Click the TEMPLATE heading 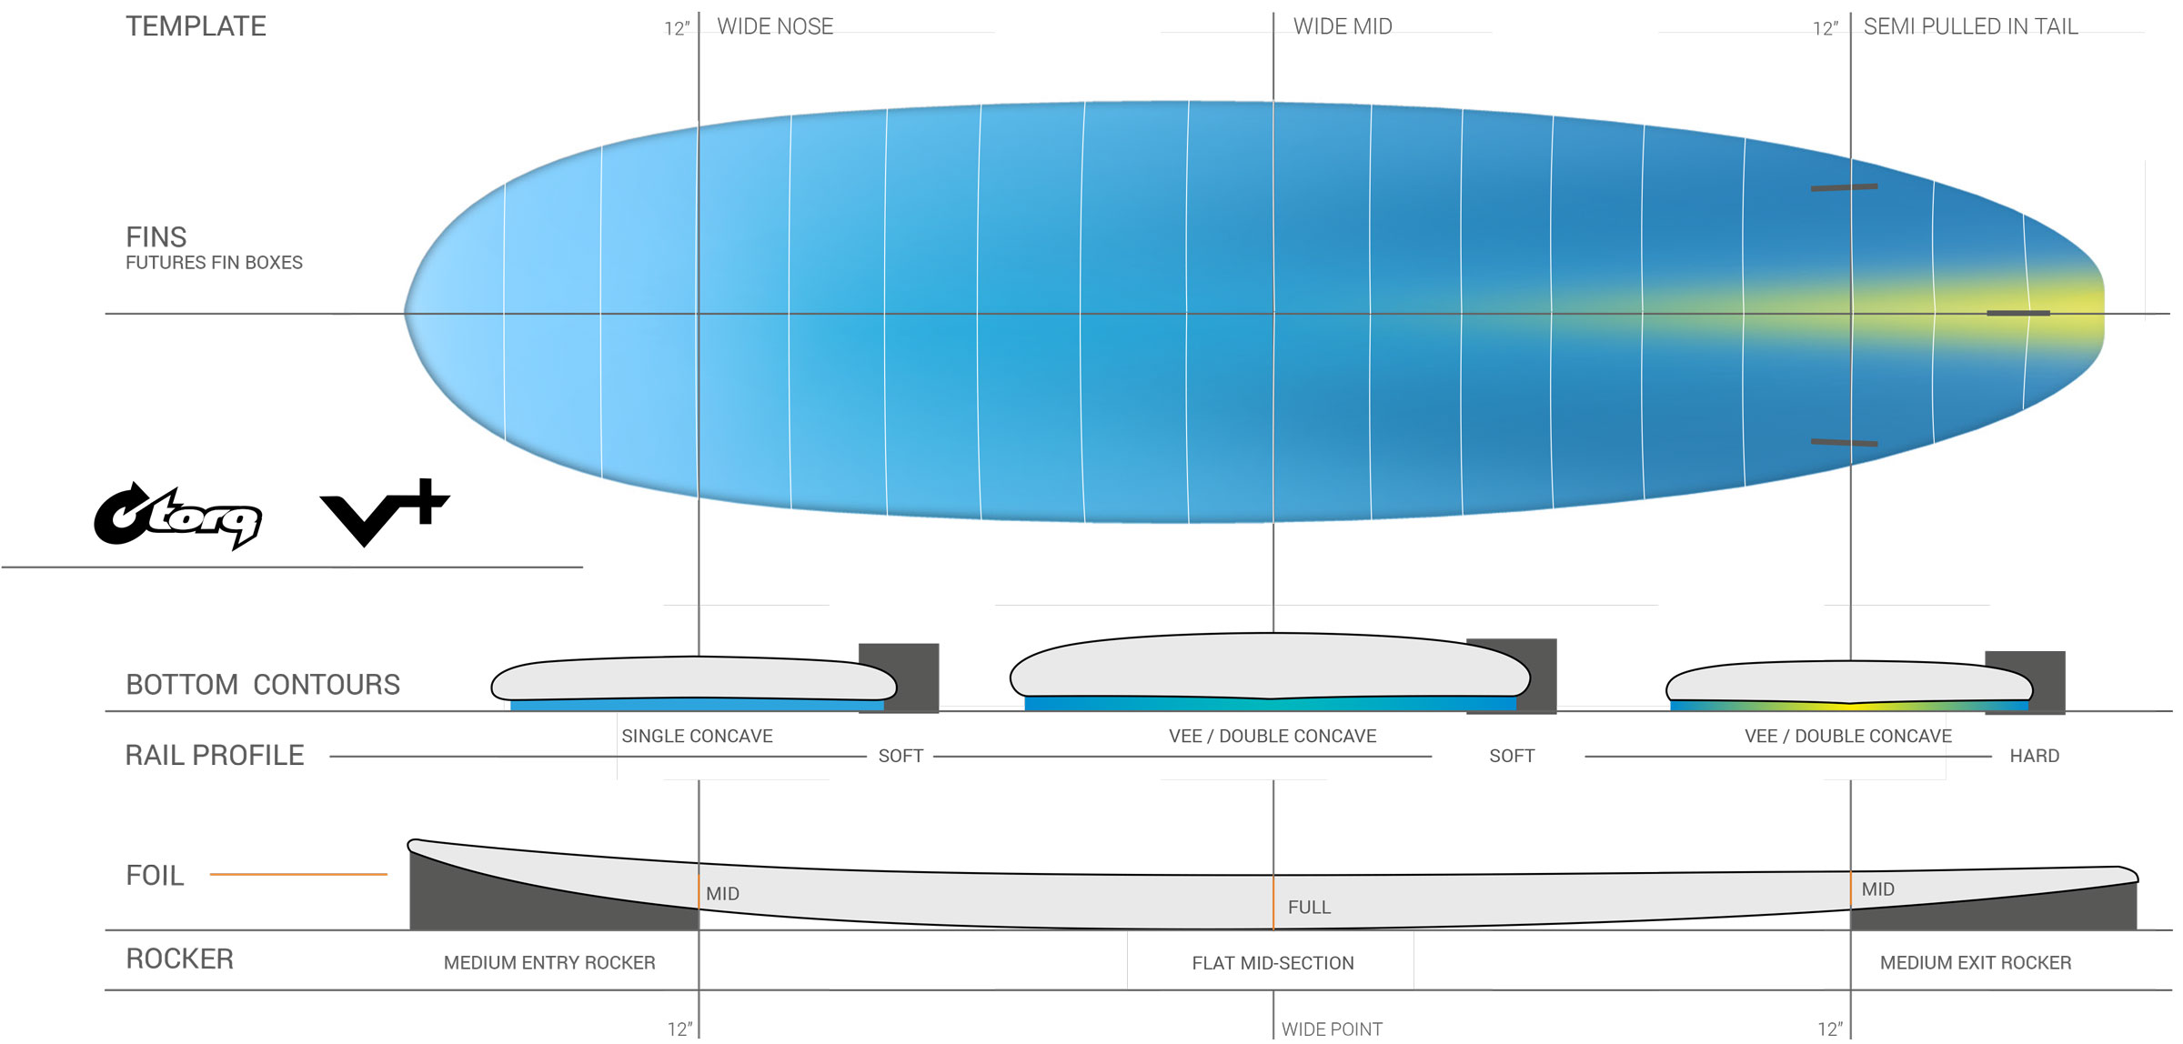pos(196,26)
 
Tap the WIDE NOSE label pos(775,26)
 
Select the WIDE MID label pos(1343,26)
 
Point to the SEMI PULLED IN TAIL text pos(1970,26)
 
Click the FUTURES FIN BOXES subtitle pos(214,263)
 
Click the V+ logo pos(385,512)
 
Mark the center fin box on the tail pos(2017,313)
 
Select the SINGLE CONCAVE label pos(697,736)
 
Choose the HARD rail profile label pos(2034,756)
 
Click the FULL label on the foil pos(1309,907)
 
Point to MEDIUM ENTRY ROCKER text pos(549,962)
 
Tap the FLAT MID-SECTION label pos(1273,963)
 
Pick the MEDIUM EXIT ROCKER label pos(1975,962)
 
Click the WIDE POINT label pos(1332,1029)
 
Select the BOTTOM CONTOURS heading pos(263,684)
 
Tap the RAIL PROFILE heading pos(215,755)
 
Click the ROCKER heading pos(180,959)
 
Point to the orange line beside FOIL pos(298,874)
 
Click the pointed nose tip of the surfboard pos(407,313)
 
